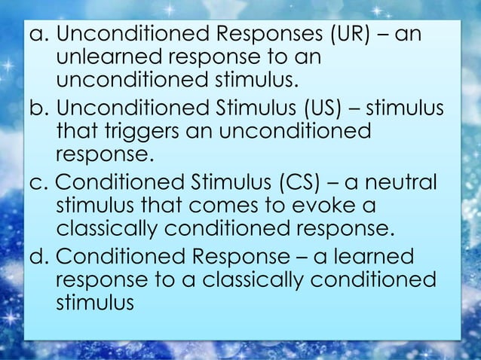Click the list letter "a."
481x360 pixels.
coord(38,35)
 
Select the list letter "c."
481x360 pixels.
coord(38,183)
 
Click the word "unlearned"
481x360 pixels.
coord(112,58)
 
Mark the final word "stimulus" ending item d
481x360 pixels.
coord(94,304)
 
